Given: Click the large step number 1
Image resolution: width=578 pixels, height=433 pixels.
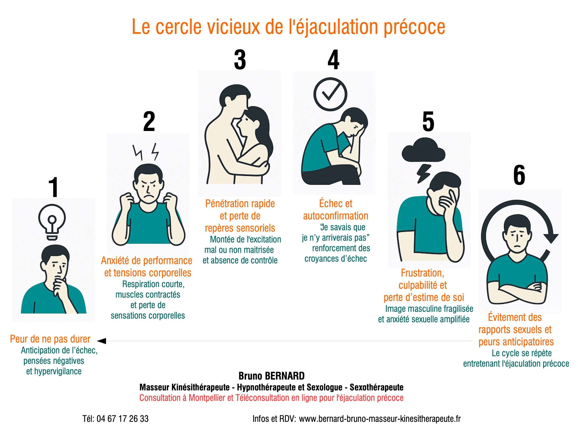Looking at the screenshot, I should [x=54, y=187].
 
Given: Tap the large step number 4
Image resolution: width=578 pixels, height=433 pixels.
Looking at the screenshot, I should [x=333, y=60].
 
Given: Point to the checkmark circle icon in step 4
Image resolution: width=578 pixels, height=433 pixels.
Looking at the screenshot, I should [x=330, y=94].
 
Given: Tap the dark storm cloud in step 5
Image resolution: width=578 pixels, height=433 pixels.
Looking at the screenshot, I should [x=423, y=151].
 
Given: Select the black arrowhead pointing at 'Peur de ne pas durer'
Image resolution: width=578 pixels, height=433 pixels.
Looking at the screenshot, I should [x=102, y=341].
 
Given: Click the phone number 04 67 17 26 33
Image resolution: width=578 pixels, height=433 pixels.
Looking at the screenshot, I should [x=122, y=419].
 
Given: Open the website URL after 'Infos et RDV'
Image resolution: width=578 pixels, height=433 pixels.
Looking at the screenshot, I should [x=380, y=419].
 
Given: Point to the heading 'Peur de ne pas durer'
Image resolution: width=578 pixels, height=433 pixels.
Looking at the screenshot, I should [x=50, y=339].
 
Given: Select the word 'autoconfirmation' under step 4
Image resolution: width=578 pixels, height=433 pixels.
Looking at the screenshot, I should [x=336, y=216].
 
